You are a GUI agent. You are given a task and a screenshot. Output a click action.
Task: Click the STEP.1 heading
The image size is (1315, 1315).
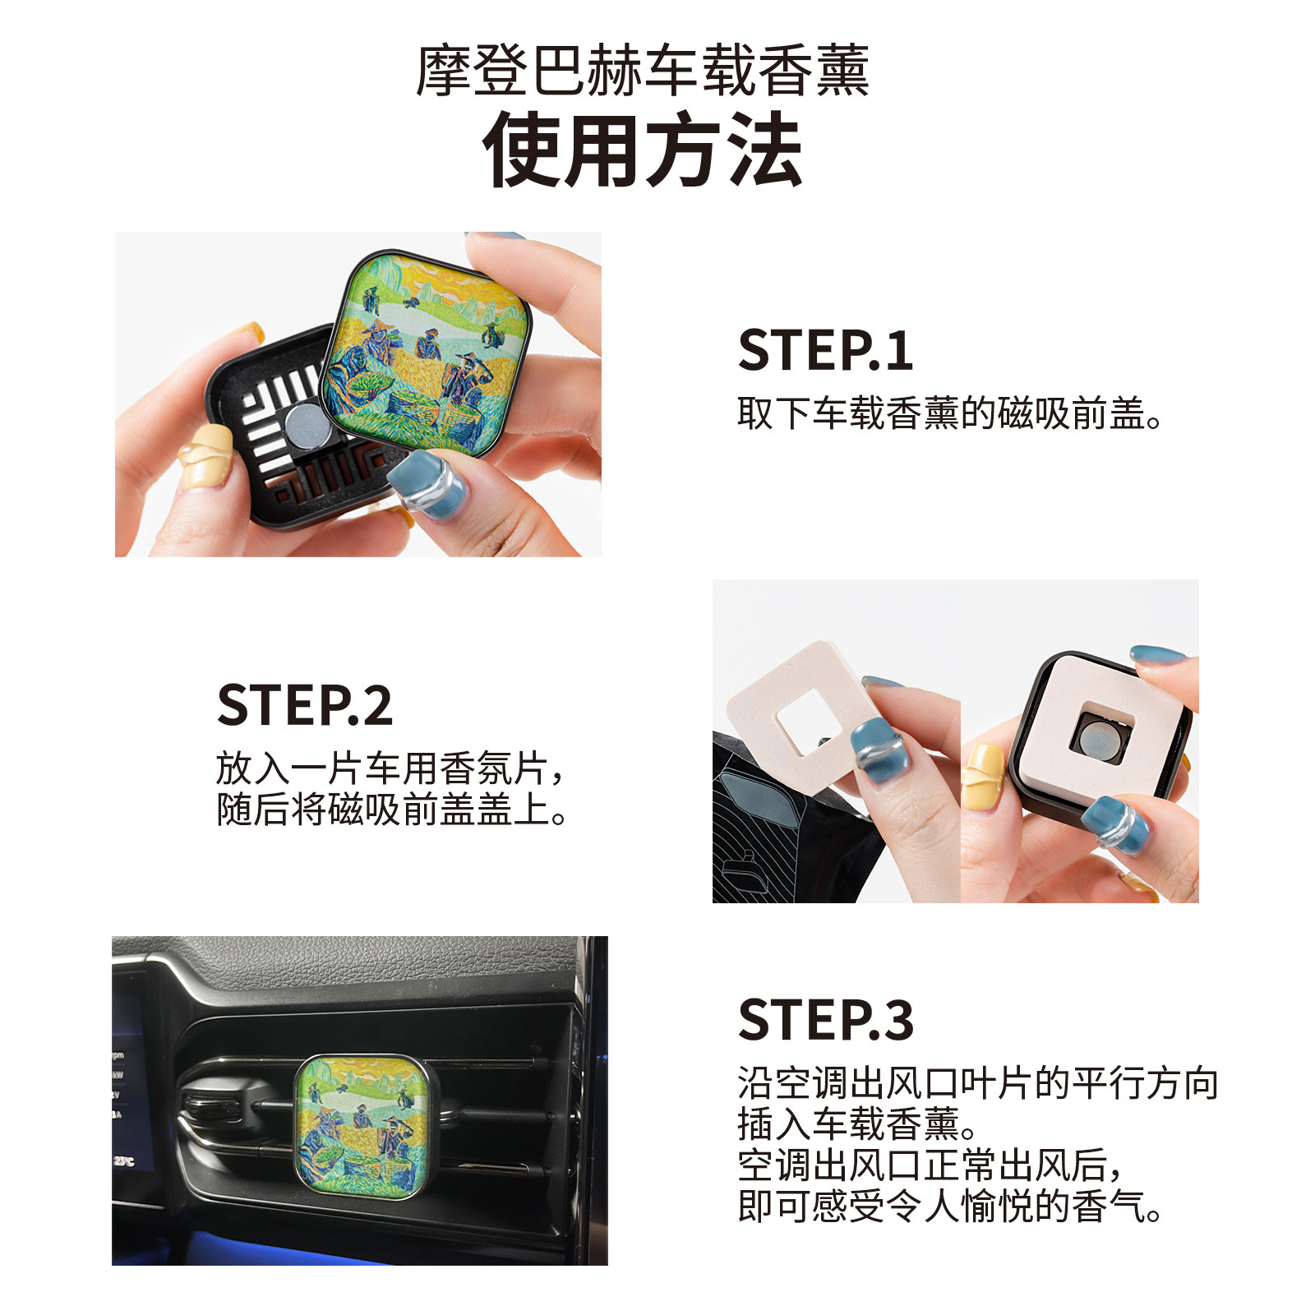tap(824, 351)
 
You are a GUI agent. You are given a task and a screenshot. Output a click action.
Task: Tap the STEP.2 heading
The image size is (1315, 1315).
tap(304, 705)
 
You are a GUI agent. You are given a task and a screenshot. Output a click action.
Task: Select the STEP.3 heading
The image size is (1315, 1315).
tap(825, 1020)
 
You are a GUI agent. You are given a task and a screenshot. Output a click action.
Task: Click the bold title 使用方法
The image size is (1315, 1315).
tap(643, 151)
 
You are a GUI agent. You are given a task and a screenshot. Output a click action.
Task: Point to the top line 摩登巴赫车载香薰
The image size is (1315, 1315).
tap(643, 71)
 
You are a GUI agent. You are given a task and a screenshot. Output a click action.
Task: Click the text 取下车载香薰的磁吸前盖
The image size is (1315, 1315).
tap(949, 413)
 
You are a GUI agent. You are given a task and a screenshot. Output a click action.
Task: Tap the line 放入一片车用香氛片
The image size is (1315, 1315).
tap(390, 769)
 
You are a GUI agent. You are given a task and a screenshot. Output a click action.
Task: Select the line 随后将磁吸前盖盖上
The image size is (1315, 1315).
tap(391, 810)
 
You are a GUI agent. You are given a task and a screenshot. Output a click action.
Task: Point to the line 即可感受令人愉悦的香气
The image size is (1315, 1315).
tap(949, 1207)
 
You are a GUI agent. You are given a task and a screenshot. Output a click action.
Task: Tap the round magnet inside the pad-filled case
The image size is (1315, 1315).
tap(1098, 736)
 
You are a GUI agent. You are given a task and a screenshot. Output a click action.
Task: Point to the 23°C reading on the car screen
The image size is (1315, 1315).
tap(123, 1161)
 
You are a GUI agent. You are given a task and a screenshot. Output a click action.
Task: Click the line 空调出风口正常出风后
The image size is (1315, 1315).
tap(929, 1165)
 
